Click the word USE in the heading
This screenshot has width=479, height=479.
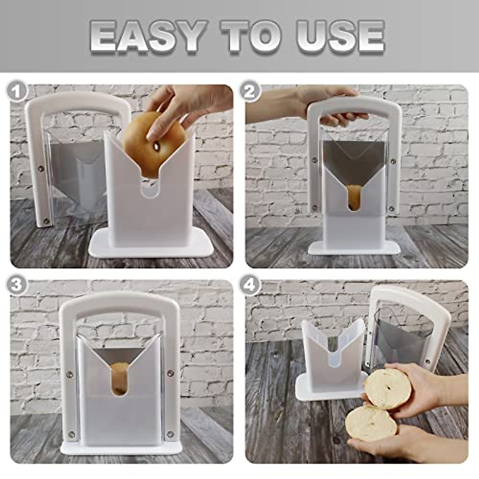coord(340,37)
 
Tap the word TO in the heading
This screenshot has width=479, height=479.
coord(251,37)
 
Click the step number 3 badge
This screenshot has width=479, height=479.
coord(16,286)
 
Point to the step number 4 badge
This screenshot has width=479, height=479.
coord(250,286)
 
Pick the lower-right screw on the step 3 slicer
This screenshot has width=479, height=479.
coord(170,433)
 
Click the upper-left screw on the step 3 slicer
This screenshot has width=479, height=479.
coord(69,374)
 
